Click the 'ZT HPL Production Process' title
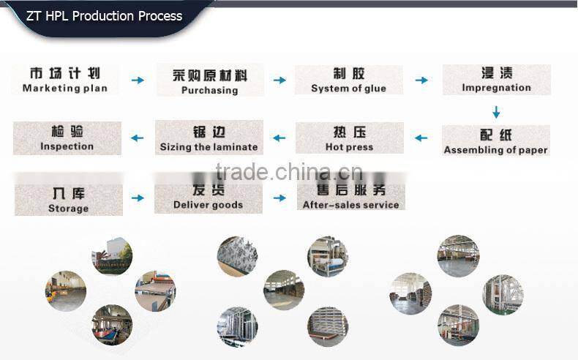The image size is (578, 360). (x=104, y=15)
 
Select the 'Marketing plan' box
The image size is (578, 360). (x=65, y=80)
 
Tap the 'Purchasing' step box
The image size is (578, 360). (x=210, y=81)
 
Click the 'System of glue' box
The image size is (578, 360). (x=348, y=80)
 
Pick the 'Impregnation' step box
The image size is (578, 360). (x=496, y=80)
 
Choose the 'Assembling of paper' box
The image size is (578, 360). (x=495, y=141)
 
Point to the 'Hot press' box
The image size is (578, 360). (x=349, y=138)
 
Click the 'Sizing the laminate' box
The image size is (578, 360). (x=209, y=138)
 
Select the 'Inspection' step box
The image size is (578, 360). (x=67, y=138)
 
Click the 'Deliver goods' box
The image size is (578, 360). (x=208, y=198)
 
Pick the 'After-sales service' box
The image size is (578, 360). (x=350, y=197)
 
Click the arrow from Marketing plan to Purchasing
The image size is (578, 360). (x=138, y=80)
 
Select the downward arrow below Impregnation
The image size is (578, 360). (x=496, y=112)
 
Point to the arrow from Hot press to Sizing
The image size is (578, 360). (x=279, y=138)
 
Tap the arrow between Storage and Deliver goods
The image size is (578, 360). (x=138, y=198)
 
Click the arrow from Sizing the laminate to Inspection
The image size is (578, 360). (x=137, y=138)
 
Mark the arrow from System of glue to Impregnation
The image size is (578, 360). (x=421, y=80)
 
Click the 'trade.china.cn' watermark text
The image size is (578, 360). (x=290, y=173)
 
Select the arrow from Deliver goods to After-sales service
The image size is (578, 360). (x=279, y=198)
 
